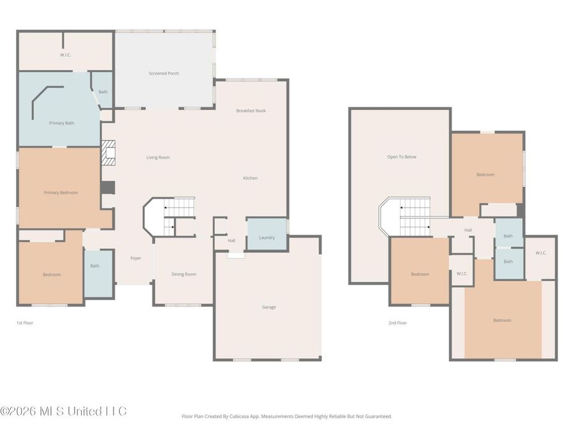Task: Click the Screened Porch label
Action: coord(164,73)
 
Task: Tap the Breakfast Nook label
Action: coord(251,110)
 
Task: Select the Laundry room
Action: coord(267,238)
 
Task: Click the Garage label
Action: coord(269,307)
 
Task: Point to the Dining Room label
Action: coord(184,274)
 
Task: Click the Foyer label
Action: coord(136,258)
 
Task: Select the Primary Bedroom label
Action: coord(61,192)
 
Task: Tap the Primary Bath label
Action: coord(61,123)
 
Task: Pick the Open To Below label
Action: coord(401,156)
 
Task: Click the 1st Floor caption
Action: coord(25,323)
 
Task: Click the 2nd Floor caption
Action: coord(397,323)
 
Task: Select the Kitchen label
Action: coord(251,178)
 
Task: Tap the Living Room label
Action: coord(158,157)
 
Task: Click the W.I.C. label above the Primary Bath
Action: coord(65,55)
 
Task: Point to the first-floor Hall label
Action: coord(232,241)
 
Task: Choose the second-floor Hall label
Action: coord(468,230)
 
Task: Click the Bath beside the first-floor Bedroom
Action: coord(94,266)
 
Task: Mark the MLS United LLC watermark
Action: coord(64,411)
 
